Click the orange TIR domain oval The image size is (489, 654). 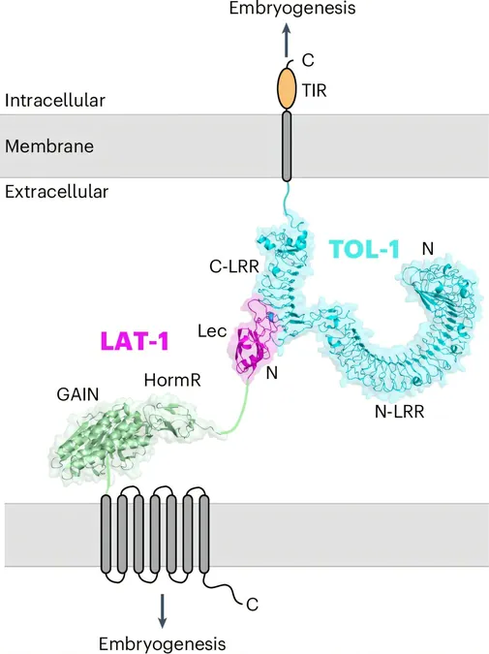(287, 89)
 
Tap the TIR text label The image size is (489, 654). (315, 90)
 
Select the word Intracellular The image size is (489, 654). (55, 101)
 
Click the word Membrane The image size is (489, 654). (49, 146)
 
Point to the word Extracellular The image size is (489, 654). (57, 192)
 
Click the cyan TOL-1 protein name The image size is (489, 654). (365, 249)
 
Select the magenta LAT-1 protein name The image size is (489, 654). (135, 340)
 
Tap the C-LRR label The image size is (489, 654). (234, 266)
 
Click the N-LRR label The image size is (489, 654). (399, 412)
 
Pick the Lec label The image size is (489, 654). (212, 331)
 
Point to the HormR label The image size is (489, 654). (172, 380)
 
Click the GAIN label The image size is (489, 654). (78, 394)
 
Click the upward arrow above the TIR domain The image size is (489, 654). (287, 40)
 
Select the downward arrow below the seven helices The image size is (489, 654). (162, 610)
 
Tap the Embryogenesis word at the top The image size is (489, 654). (292, 9)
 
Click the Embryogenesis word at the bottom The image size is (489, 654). (163, 643)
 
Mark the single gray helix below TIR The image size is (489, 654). (287, 146)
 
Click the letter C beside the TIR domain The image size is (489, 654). (308, 60)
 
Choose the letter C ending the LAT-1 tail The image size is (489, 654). (252, 604)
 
